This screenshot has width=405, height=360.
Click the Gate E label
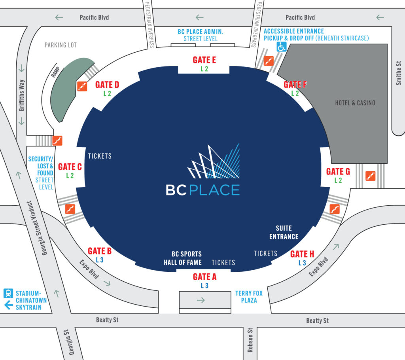[204, 60]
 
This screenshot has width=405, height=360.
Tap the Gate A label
[204, 277]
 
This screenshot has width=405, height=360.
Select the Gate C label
[70, 167]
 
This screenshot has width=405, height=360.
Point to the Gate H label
[302, 254]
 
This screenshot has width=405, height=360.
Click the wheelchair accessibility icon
[282, 47]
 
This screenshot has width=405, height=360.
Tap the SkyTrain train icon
[8, 293]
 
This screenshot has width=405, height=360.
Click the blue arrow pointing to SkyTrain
[9, 305]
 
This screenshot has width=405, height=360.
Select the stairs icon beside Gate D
[82, 86]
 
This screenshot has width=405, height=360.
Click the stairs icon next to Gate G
[370, 176]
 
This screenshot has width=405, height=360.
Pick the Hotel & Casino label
[355, 103]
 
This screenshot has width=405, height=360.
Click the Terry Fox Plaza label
[249, 297]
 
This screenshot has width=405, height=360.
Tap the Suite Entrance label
[284, 232]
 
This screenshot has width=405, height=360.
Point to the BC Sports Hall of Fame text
[183, 258]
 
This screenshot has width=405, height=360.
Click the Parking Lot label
[61, 45]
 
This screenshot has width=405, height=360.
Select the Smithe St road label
[399, 73]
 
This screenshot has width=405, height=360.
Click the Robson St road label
[250, 340]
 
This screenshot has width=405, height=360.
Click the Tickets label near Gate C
[100, 156]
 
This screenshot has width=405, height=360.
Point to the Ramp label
[55, 72]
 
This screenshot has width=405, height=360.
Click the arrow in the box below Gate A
[201, 300]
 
